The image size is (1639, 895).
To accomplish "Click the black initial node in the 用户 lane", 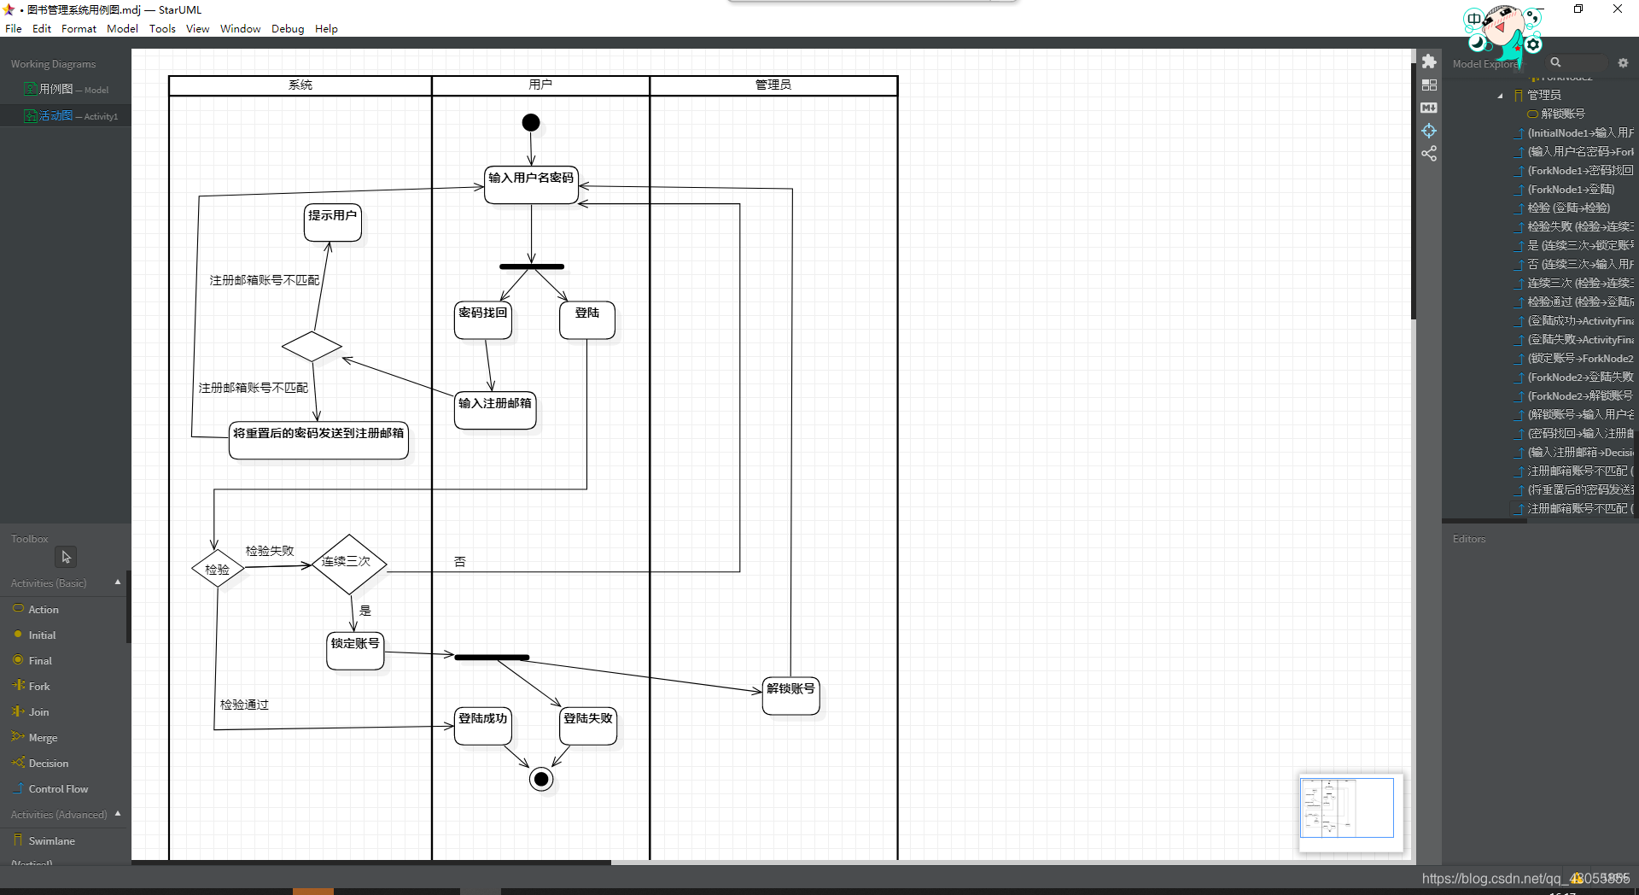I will point(531,123).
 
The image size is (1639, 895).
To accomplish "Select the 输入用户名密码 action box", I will point(531,184).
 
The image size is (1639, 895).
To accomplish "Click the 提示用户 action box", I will point(332,222).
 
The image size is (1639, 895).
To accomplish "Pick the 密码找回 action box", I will point(483,320).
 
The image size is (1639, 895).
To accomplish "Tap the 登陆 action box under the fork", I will point(587,320).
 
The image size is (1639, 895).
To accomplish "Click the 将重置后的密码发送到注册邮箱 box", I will point(318,441).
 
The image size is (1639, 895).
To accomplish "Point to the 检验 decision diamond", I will point(218,569).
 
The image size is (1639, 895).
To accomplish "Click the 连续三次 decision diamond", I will point(348,563).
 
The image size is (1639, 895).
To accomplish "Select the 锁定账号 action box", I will point(355,651).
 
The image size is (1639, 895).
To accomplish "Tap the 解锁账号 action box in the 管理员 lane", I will point(790,696).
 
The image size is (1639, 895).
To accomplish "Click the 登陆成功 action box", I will point(483,726).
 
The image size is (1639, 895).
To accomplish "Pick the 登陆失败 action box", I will point(588,726).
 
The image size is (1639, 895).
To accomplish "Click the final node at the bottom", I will point(541,779).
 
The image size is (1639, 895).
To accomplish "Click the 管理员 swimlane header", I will point(773,85).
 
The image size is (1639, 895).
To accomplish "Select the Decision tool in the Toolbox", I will point(49,763).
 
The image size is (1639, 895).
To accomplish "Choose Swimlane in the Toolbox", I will point(51,841).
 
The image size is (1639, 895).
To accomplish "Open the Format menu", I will point(79,29).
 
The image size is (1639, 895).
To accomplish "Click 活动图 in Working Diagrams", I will point(56,116).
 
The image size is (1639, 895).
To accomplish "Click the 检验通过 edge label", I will point(245,705).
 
